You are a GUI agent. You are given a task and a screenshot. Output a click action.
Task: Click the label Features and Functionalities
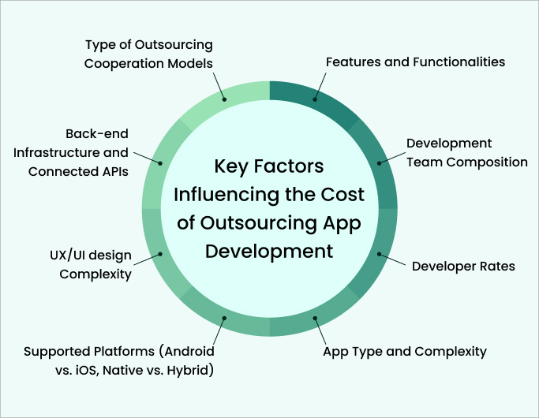[415, 62]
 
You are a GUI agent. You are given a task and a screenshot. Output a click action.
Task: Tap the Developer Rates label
[463, 267]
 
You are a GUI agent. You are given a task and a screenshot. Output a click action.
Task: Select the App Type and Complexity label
[405, 352]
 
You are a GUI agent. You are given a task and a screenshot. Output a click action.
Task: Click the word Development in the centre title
[269, 252]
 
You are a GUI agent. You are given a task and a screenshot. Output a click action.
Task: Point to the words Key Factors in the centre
[269, 166]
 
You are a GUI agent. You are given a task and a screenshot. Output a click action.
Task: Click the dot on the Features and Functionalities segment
[315, 99]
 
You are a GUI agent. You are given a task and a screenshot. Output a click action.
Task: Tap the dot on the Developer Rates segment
[379, 254]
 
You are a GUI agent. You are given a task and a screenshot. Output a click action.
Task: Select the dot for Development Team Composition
[379, 163]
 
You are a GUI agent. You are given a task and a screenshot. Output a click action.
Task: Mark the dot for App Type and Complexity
[315, 318]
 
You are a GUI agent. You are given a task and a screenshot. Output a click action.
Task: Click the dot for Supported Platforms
[224, 318]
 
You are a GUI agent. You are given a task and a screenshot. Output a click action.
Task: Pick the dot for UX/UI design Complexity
[160, 254]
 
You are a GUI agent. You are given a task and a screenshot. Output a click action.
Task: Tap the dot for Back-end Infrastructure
[160, 163]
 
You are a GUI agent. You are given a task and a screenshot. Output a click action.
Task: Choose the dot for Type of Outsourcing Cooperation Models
[224, 99]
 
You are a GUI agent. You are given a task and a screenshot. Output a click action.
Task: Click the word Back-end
[97, 133]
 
